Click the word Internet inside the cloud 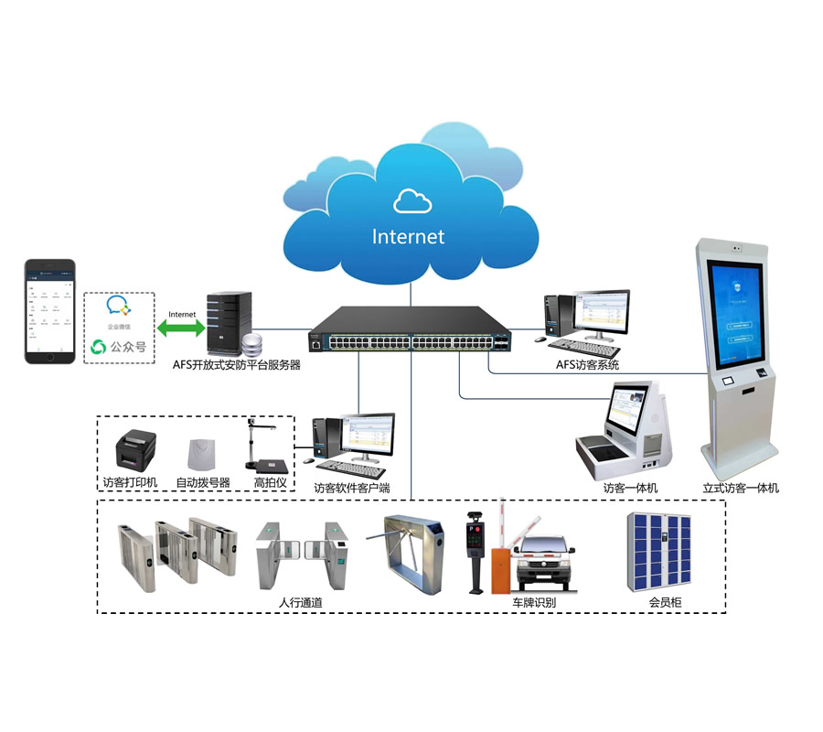[x=408, y=237]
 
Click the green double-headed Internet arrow [x=181, y=327]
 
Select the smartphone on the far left [x=49, y=311]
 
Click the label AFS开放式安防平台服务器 [x=237, y=364]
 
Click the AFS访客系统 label [x=587, y=365]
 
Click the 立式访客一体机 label [x=741, y=488]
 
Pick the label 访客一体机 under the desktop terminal [x=630, y=488]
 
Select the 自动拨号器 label [x=203, y=482]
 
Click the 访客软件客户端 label [x=352, y=488]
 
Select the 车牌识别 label [x=534, y=602]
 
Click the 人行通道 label [x=300, y=602]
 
